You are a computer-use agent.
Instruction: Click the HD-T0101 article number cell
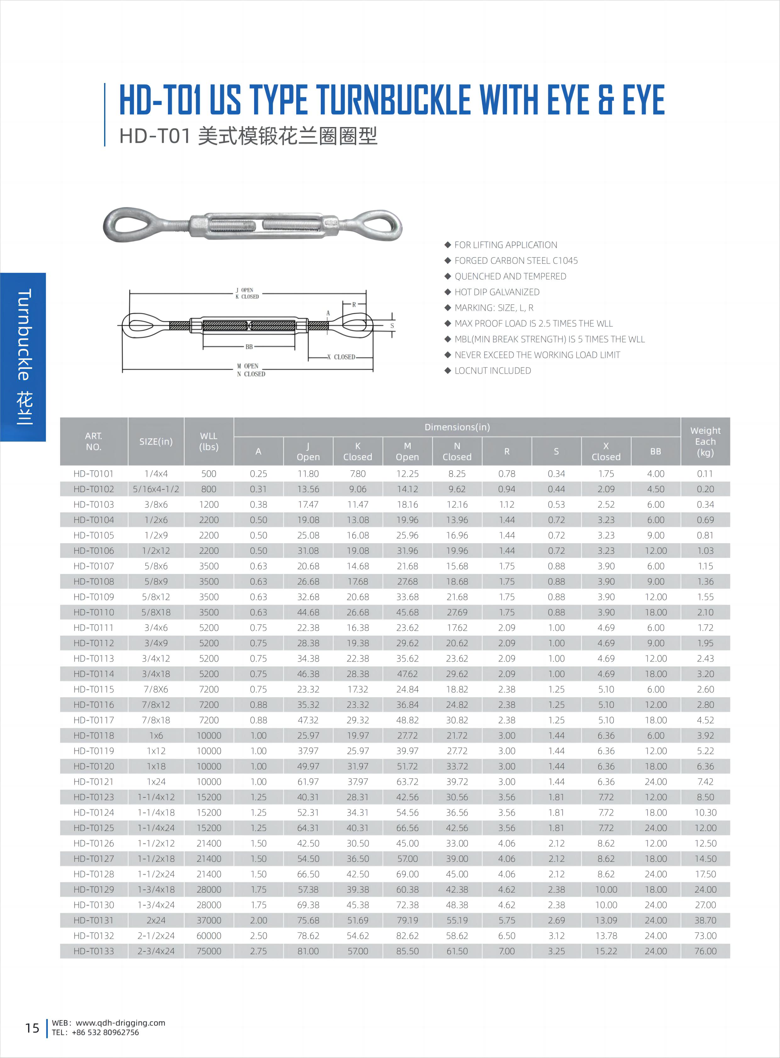click(93, 473)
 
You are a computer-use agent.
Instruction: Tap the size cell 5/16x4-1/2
click(156, 489)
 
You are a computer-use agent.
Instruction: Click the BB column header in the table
click(655, 451)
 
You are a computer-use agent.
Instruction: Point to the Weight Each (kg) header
click(705, 441)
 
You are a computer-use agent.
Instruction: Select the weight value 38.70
click(705, 920)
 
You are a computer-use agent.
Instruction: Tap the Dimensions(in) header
click(457, 427)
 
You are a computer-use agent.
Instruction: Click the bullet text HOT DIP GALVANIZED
click(497, 292)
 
